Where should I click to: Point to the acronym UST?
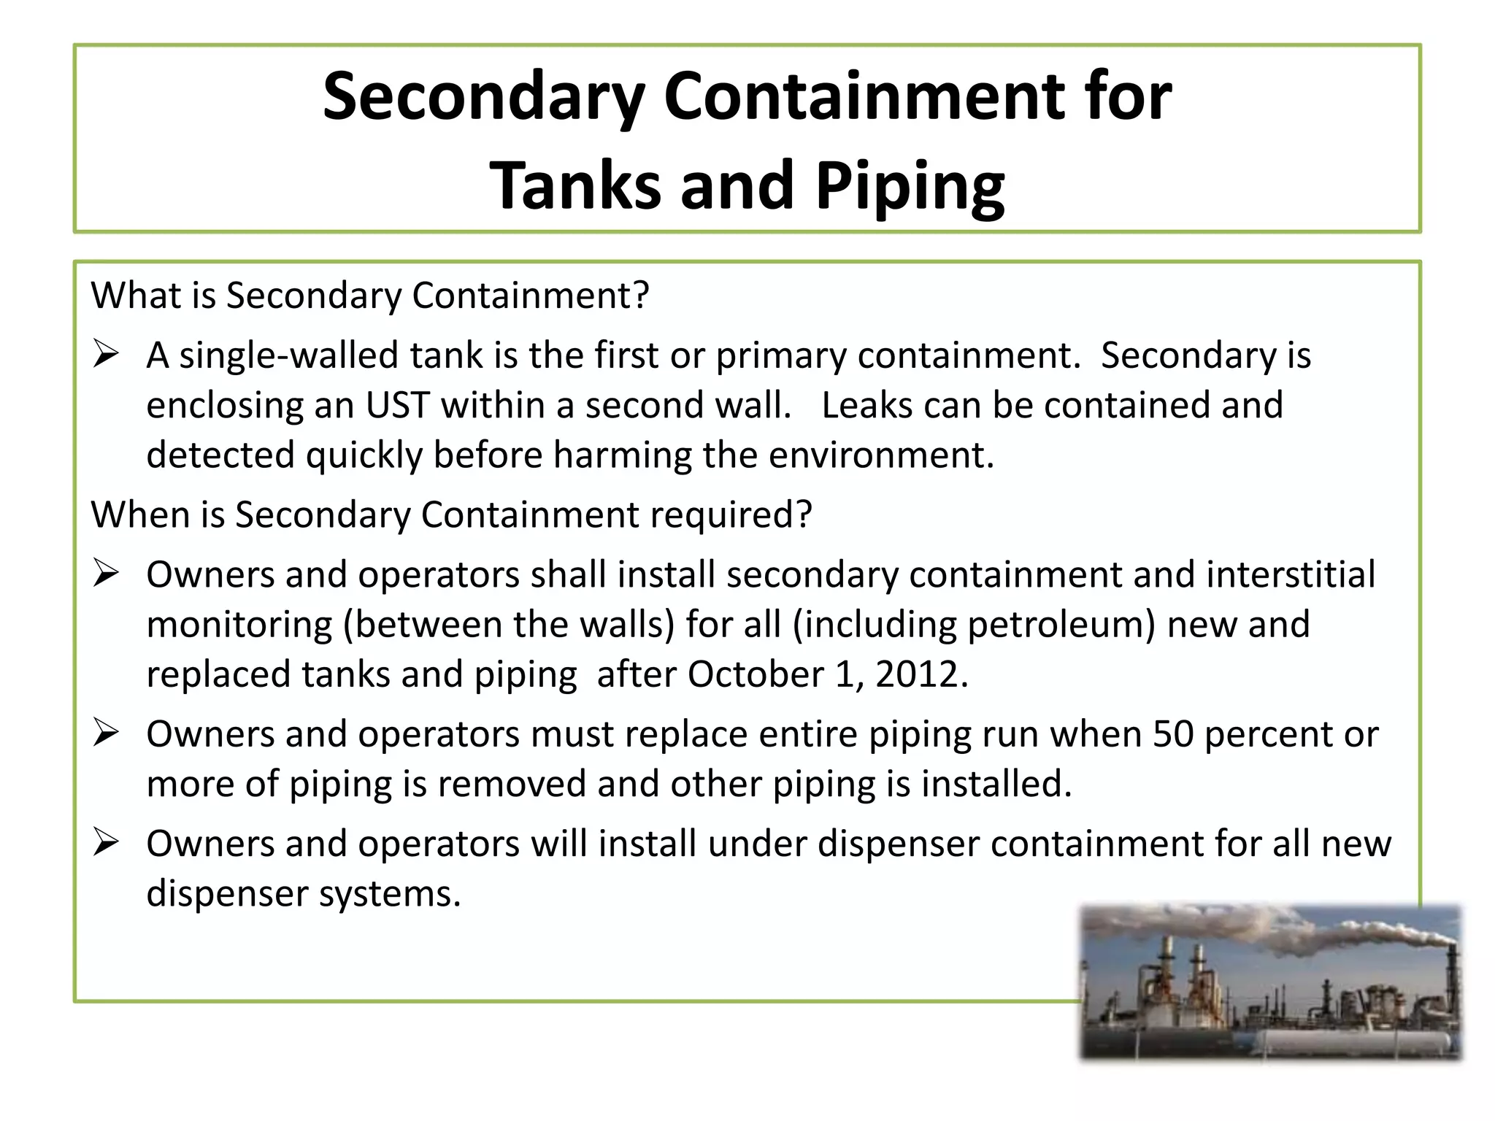397,406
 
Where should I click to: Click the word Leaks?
866,406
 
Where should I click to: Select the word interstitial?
1291,575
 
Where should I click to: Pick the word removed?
513,785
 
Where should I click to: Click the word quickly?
364,455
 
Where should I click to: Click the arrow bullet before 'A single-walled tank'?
107,355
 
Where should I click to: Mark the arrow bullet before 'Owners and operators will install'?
107,844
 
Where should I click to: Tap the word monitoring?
239,625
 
